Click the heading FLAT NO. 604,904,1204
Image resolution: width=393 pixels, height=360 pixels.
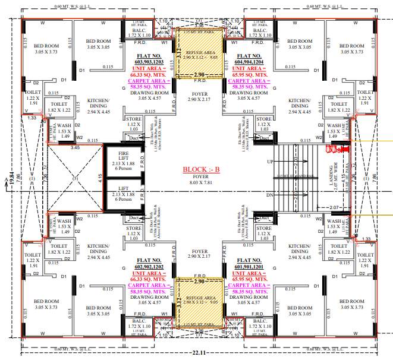click(x=249, y=58)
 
